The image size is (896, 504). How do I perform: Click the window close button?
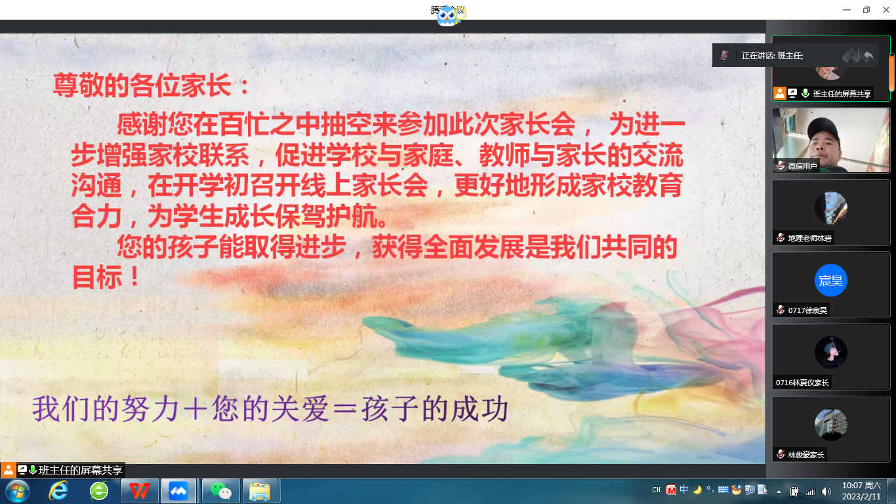[x=886, y=10]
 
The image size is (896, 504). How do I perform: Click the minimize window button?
[x=847, y=10]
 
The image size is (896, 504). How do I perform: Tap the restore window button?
[x=866, y=10]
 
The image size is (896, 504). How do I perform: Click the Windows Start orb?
[x=18, y=491]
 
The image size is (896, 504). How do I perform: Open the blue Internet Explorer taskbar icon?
[x=58, y=491]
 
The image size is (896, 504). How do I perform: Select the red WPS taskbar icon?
[x=139, y=491]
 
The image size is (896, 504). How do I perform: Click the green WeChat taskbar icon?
[x=220, y=491]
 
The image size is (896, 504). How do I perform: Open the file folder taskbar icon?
[x=260, y=491]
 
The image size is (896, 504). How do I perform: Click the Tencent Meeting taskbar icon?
[x=178, y=491]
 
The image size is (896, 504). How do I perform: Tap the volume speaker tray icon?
[x=826, y=491]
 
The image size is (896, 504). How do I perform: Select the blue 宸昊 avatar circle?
[x=831, y=280]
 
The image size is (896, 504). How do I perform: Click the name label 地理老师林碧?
[x=809, y=238]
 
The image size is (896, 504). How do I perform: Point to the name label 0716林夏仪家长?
[x=802, y=383]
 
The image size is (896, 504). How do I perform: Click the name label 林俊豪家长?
[x=806, y=455]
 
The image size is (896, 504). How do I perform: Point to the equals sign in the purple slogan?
[x=345, y=409]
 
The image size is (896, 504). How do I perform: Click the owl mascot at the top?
[x=447, y=16]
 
